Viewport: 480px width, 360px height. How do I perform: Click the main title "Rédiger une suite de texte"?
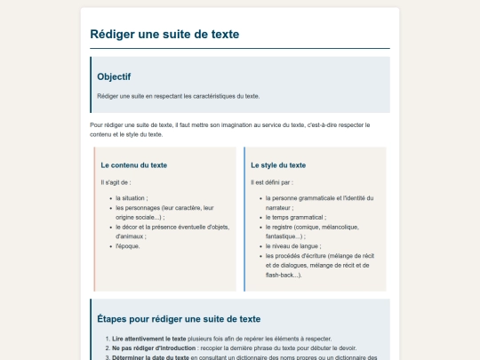pos(164,35)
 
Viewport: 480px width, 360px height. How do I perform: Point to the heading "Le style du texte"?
pos(278,164)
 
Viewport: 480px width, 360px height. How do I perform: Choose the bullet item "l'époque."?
pos(128,246)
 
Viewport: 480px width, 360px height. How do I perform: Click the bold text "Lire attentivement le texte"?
pos(148,339)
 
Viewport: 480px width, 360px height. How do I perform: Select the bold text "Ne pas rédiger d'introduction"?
pos(155,348)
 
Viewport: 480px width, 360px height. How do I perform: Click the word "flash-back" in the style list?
pos(281,275)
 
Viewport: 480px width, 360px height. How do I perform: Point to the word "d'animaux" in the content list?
pos(129,236)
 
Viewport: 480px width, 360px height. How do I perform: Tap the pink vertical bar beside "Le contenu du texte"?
pos(94,219)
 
